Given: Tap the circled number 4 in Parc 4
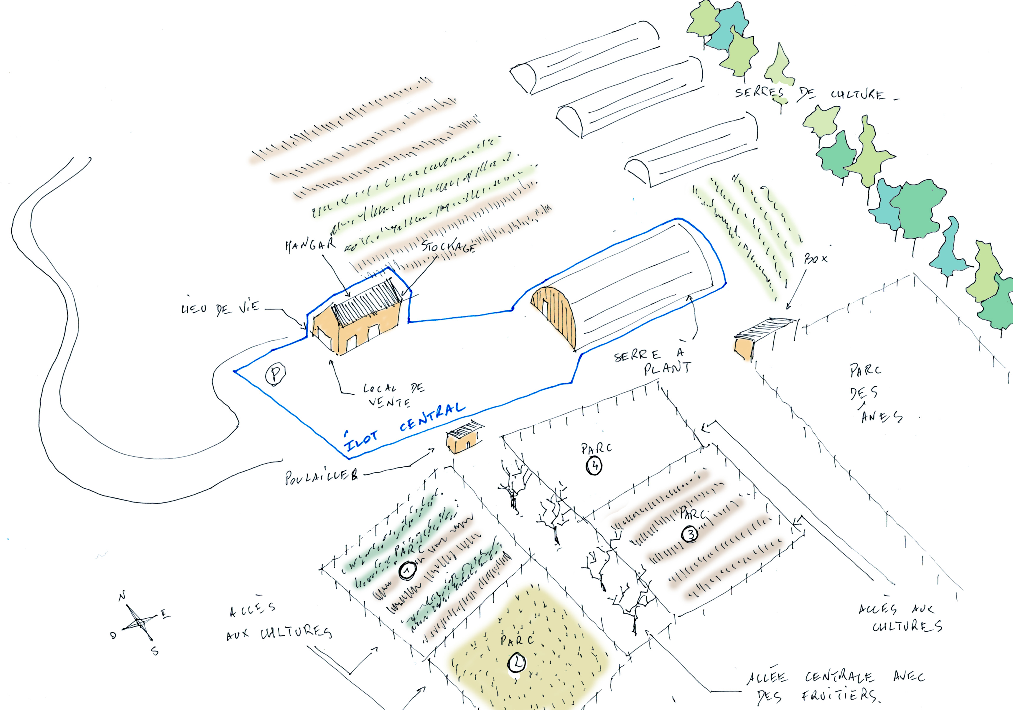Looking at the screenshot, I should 594,466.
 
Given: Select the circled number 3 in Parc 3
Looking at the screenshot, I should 690,534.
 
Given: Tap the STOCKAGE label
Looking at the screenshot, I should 448,247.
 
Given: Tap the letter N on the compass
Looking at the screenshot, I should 122,596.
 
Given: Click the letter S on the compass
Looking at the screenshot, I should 155,651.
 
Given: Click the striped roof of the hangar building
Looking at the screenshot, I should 366,302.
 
